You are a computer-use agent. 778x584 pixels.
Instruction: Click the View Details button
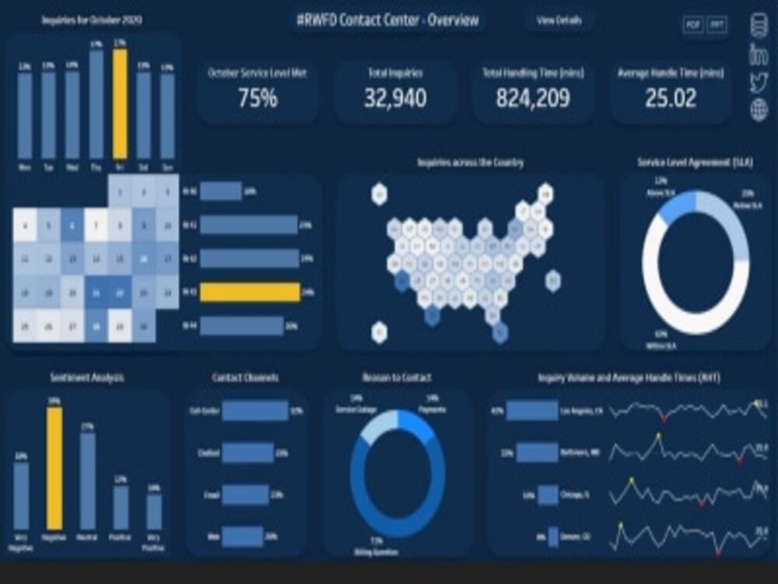coord(559,21)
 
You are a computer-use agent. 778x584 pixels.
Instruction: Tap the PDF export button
coord(692,25)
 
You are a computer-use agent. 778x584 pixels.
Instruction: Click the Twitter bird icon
coord(759,83)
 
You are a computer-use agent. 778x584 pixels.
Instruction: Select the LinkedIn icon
coord(759,55)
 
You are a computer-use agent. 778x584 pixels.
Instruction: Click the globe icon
coord(759,111)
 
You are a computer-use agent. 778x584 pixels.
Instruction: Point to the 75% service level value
coord(258,98)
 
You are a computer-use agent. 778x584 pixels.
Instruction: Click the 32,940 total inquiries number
coord(395,98)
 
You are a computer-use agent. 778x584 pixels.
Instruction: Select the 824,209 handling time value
coord(533,98)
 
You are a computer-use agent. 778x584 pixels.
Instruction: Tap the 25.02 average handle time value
coord(671,98)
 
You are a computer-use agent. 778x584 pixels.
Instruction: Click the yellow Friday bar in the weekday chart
coord(120,104)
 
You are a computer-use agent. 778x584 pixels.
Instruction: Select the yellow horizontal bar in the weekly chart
coord(250,292)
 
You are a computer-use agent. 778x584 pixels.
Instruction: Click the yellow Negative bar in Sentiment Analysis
coord(54,469)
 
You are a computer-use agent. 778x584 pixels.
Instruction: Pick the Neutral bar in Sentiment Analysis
coord(88,481)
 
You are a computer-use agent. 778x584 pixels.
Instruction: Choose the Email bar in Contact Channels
coord(245,495)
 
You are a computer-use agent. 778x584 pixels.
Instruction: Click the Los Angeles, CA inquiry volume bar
coord(532,410)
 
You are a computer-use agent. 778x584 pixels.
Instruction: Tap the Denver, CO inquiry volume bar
coord(553,537)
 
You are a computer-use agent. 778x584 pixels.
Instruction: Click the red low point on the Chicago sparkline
coord(702,505)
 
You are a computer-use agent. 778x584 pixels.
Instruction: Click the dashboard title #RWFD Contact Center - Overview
coord(388,20)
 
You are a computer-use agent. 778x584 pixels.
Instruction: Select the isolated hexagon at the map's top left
coord(379,194)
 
